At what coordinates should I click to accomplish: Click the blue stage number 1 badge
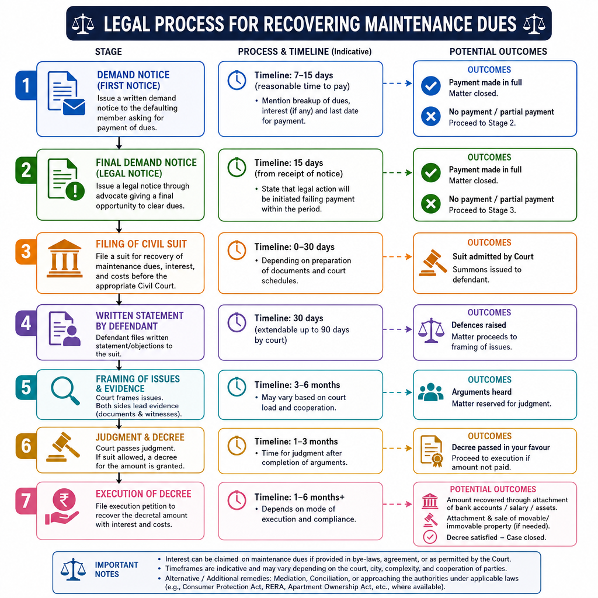pyautogui.click(x=26, y=85)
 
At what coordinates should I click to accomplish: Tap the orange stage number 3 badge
pyautogui.click(x=26, y=252)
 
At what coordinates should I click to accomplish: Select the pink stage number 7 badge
pyautogui.click(x=26, y=500)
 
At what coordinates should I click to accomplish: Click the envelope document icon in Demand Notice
pyautogui.click(x=66, y=93)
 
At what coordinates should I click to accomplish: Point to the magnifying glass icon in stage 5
pyautogui.click(x=65, y=391)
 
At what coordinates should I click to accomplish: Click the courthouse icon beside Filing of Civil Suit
pyautogui.click(x=64, y=258)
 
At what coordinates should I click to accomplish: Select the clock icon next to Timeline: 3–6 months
pyautogui.click(x=237, y=387)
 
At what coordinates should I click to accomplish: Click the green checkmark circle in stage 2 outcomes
pyautogui.click(x=431, y=172)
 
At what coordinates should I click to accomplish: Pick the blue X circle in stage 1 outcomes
pyautogui.click(x=431, y=116)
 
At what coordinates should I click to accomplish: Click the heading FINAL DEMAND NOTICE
pyautogui.click(x=146, y=162)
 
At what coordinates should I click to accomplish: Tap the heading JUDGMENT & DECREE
pyautogui.click(x=140, y=437)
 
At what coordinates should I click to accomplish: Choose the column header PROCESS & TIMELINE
pyautogui.click(x=283, y=51)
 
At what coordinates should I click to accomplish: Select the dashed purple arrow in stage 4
pyautogui.click(x=397, y=329)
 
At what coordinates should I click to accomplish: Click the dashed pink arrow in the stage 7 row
pyautogui.click(x=397, y=504)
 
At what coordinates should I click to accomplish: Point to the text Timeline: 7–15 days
pyautogui.click(x=294, y=75)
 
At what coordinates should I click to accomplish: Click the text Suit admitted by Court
pyautogui.click(x=493, y=256)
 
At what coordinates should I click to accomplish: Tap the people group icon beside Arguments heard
pyautogui.click(x=430, y=392)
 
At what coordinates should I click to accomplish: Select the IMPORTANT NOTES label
pyautogui.click(x=116, y=569)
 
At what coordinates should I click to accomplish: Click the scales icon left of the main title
pyautogui.click(x=83, y=23)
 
